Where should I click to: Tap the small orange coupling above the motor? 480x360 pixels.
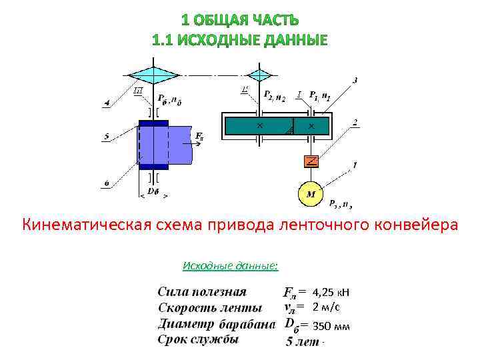311,161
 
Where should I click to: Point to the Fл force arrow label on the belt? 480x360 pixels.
199,137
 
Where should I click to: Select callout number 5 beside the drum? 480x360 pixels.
107,137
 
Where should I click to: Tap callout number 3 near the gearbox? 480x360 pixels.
355,81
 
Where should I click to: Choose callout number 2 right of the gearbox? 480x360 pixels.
356,123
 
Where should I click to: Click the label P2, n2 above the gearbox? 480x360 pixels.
274,98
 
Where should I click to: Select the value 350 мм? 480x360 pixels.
331,327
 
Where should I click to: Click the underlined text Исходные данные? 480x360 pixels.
230,267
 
